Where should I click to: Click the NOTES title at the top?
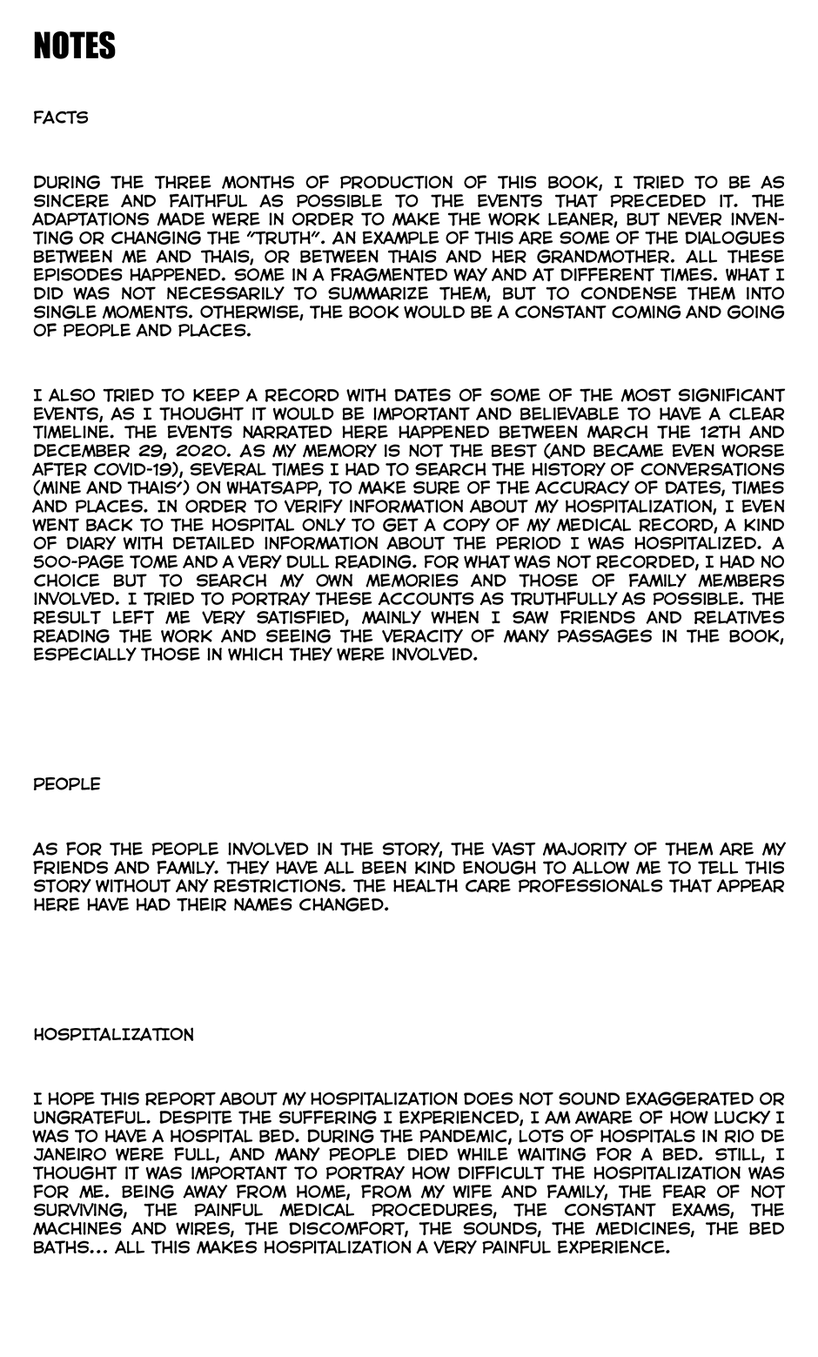pos(74,46)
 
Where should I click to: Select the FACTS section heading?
pos(61,118)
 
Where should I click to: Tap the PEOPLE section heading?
pos(67,784)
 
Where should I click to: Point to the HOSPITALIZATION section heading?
pos(113,1035)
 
